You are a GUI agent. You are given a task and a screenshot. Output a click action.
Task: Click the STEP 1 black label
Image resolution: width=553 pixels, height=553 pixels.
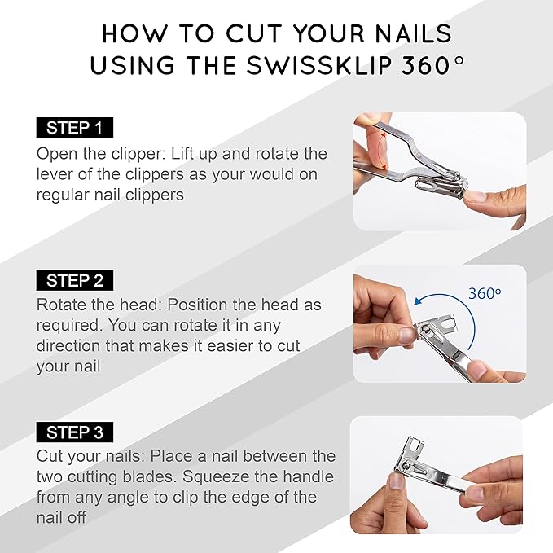pos(75,127)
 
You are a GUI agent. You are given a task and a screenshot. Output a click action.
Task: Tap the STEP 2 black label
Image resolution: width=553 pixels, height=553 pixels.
pos(75,280)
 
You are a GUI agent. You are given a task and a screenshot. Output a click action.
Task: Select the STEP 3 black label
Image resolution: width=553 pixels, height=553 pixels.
pos(75,432)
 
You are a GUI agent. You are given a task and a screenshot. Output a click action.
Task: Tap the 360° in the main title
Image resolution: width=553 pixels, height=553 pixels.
pos(432,65)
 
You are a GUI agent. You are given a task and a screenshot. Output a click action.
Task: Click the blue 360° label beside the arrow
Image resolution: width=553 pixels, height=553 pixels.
pos(485,293)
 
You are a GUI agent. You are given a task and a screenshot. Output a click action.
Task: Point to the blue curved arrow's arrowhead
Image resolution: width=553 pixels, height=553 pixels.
pos(419,301)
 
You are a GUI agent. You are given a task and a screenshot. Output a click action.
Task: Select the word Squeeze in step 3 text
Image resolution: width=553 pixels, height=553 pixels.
pos(216,476)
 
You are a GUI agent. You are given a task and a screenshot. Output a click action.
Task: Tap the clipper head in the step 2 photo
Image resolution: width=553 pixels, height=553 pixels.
pos(435,331)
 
